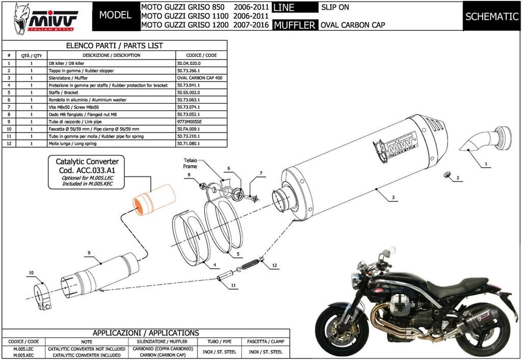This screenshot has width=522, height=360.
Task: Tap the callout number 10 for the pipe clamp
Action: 31,273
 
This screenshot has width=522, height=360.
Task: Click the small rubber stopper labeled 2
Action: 448,175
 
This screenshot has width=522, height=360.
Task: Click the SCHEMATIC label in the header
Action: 491,16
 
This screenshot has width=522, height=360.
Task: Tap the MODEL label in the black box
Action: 115,15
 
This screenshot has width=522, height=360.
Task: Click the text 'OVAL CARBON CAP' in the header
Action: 353,24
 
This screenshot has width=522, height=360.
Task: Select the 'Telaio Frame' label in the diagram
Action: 190,163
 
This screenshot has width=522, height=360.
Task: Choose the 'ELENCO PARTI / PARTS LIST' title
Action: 115,45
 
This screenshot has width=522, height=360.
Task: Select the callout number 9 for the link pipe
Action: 89,253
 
